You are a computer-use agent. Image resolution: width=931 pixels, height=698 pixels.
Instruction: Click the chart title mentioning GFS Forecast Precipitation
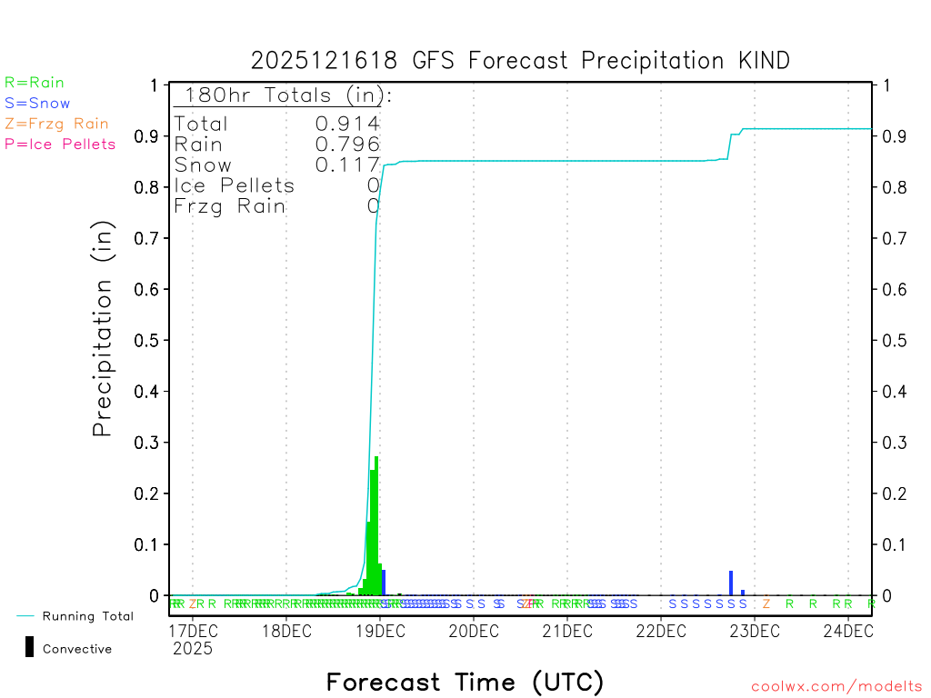tap(520, 61)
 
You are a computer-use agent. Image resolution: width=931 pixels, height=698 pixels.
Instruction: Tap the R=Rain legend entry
tap(35, 83)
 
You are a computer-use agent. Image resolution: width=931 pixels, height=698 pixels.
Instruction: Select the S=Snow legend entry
tap(37, 104)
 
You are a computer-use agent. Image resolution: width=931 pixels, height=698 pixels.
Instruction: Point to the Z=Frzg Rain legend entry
tap(56, 124)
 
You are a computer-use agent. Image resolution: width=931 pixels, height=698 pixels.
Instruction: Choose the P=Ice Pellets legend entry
tap(60, 144)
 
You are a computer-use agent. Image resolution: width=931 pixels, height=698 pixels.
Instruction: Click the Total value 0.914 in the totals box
tap(347, 124)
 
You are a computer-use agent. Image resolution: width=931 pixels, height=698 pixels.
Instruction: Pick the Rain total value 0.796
tap(347, 145)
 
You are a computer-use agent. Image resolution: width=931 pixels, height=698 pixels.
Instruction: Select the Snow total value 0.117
tap(347, 165)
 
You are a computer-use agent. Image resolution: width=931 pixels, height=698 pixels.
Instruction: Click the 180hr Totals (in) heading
tap(284, 95)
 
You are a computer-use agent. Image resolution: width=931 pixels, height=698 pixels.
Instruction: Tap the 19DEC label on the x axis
tap(378, 631)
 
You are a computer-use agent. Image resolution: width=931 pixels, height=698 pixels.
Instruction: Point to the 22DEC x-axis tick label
tap(659, 631)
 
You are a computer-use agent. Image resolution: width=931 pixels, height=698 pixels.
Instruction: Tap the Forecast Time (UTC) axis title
tap(465, 682)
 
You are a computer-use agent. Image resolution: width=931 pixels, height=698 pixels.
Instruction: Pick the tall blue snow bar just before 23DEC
tap(731, 583)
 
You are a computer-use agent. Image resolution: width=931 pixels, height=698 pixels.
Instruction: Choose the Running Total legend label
tap(87, 616)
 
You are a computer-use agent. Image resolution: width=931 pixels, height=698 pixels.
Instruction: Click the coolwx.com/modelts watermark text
tap(836, 687)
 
